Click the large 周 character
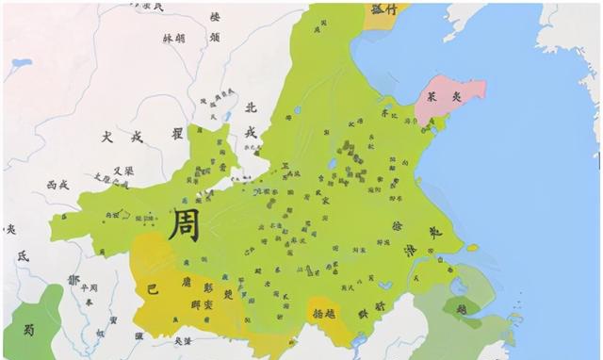pyautogui.click(x=184, y=225)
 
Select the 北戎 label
pyautogui.click(x=251, y=119)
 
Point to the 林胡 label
pyautogui.click(x=174, y=40)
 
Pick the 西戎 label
pyautogui.click(x=57, y=186)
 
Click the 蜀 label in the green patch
pyautogui.click(x=29, y=329)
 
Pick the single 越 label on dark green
pyautogui.click(x=462, y=308)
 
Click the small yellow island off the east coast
pyautogui.click(x=473, y=249)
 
